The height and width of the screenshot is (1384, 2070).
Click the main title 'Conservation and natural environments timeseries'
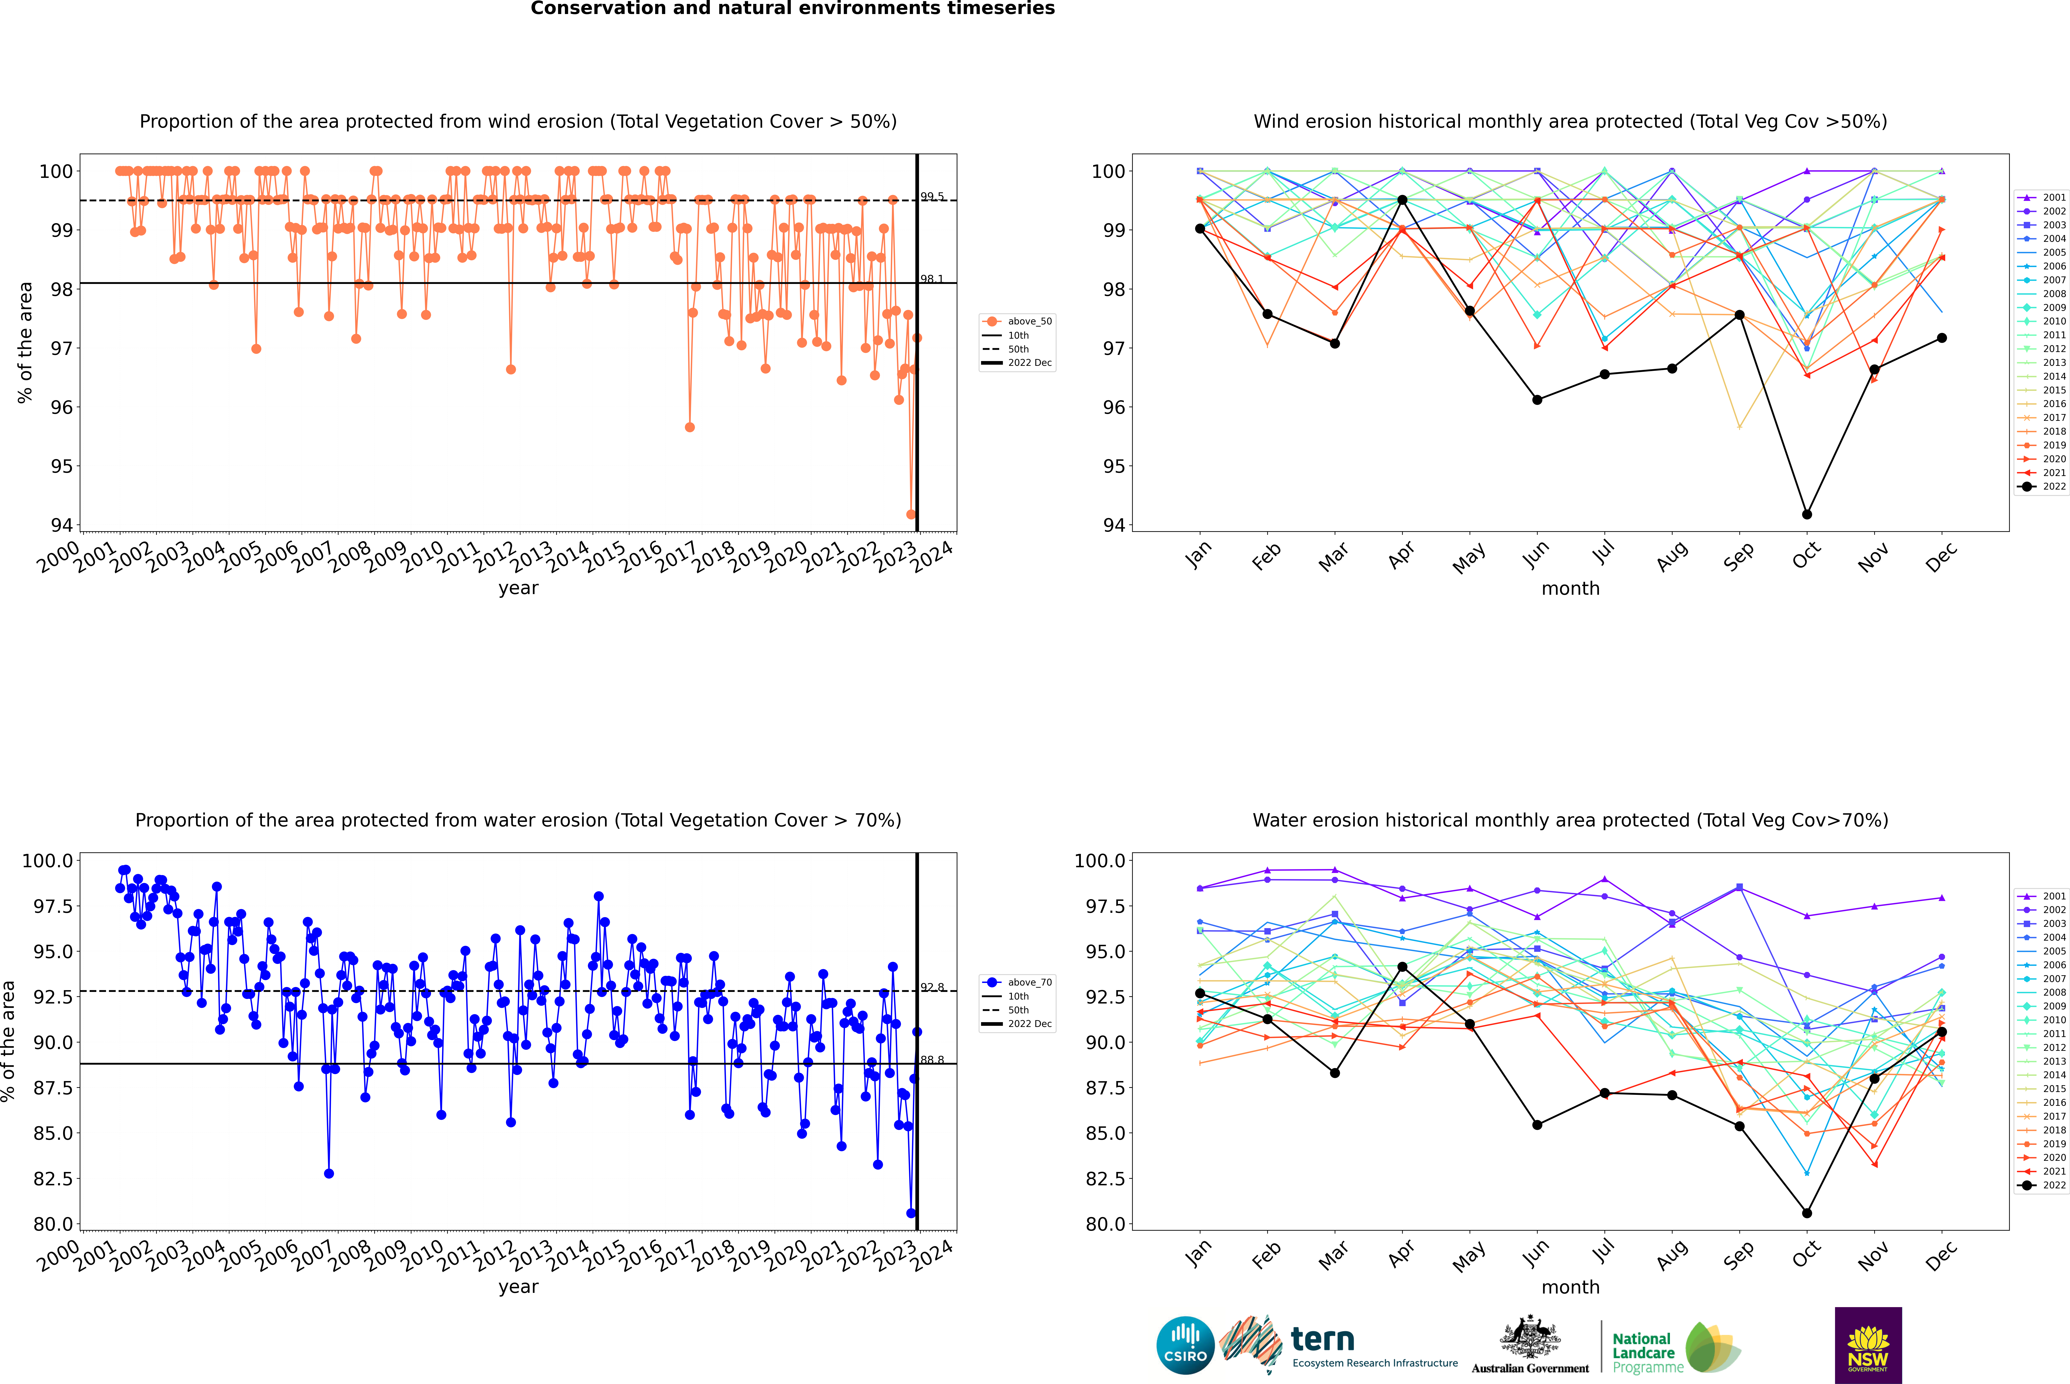pos(792,9)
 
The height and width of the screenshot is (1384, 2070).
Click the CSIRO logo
pos(1185,1345)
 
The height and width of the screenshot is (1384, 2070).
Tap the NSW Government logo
pos(1868,1345)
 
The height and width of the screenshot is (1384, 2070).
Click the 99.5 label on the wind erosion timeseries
pos(932,197)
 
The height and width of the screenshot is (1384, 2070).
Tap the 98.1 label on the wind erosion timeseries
pos(932,279)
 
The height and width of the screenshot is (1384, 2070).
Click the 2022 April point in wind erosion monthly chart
pos(1402,200)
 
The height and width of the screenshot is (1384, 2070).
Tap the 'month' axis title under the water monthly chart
pos(1570,1287)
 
